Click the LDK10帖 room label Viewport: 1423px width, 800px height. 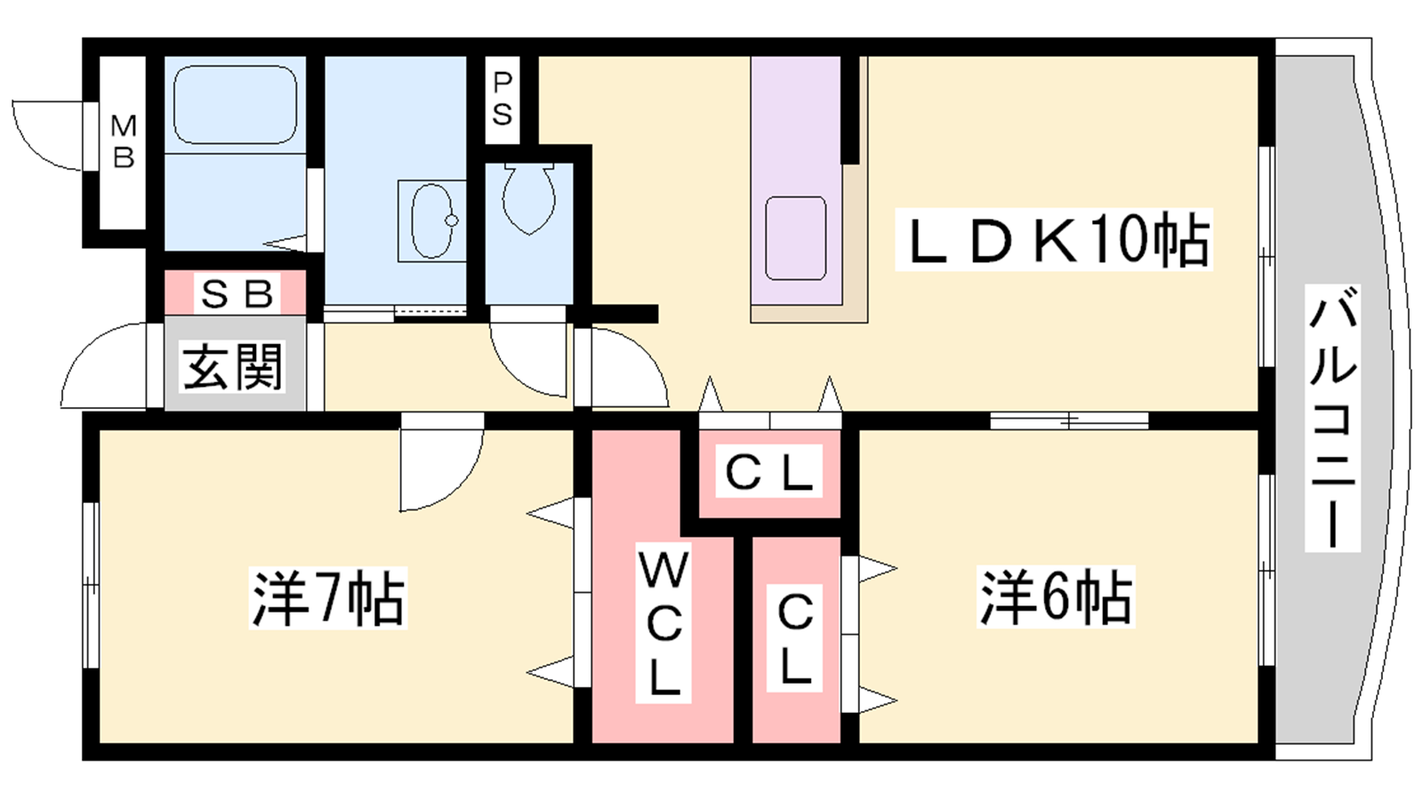pyautogui.click(x=1054, y=240)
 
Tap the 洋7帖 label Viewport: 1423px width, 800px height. pyautogui.click(x=328, y=598)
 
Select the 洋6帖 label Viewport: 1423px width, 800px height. pyautogui.click(x=1056, y=598)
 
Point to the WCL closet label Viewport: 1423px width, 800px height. pyautogui.click(x=663, y=625)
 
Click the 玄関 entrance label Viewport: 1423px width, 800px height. pyautogui.click(x=233, y=366)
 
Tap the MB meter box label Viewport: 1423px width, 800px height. pyautogui.click(x=124, y=142)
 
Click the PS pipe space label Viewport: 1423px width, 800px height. pyautogui.click(x=502, y=99)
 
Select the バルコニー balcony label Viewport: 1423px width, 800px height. pyautogui.click(x=1332, y=418)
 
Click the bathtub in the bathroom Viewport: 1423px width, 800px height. pyautogui.click(x=235, y=105)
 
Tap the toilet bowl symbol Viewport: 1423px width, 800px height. pyautogui.click(x=528, y=197)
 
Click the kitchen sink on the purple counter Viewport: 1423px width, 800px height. pyautogui.click(x=795, y=237)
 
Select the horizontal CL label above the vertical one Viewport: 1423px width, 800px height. pyautogui.click(x=769, y=473)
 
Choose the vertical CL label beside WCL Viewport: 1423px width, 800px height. pyautogui.click(x=795, y=638)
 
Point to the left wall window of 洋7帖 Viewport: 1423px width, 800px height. pyautogui.click(x=90, y=584)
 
